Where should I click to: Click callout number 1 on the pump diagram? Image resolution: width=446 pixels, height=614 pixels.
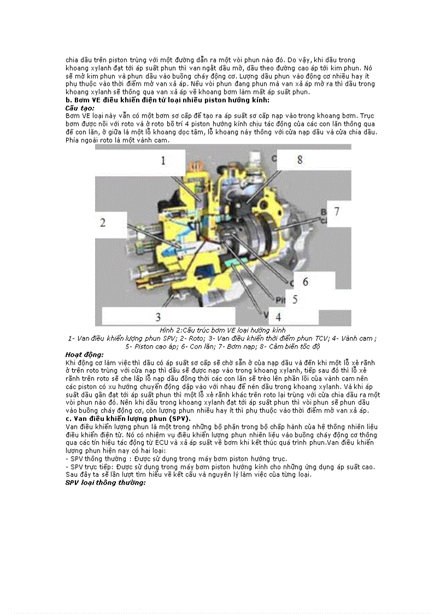162,160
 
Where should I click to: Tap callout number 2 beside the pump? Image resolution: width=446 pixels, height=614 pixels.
102,222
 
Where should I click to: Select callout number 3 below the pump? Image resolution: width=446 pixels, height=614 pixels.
158,317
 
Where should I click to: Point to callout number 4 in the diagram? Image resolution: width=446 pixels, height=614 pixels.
278,317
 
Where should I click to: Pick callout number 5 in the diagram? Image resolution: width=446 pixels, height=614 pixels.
295,299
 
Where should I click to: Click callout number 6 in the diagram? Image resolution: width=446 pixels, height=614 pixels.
306,282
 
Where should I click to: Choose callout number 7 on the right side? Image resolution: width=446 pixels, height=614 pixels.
337,211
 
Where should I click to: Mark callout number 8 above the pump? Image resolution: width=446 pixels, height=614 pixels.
300,159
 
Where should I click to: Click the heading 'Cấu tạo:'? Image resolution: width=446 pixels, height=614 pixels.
80,108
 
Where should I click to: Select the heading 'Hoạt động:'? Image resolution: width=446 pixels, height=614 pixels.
84,354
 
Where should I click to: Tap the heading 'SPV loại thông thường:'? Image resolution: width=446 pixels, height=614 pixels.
105,483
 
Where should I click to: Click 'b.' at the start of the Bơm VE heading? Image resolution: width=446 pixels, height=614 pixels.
68,101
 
